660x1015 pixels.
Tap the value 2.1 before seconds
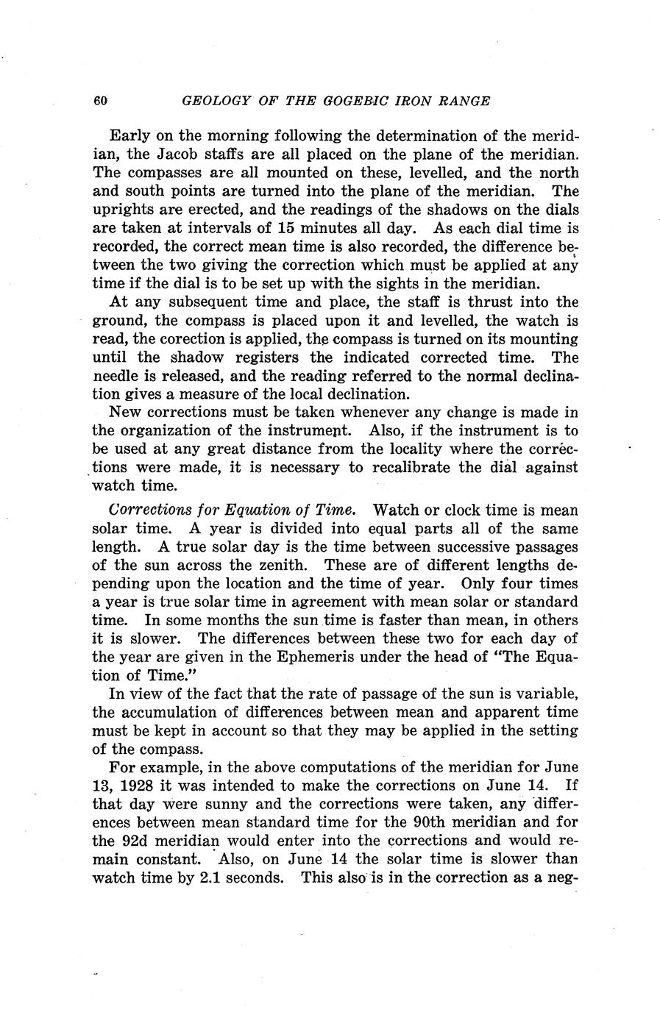[212, 877]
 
